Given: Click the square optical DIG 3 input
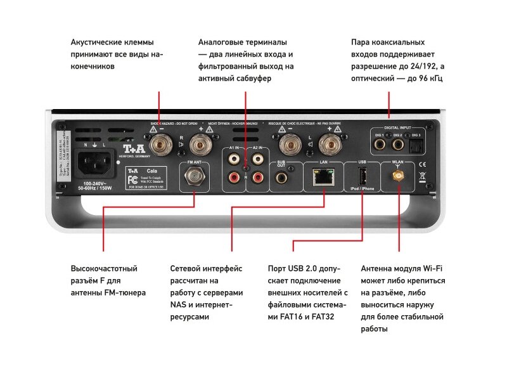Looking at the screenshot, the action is (416, 145).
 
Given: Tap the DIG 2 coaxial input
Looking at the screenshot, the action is (399, 145).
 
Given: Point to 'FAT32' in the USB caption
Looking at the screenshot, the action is (323, 316).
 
